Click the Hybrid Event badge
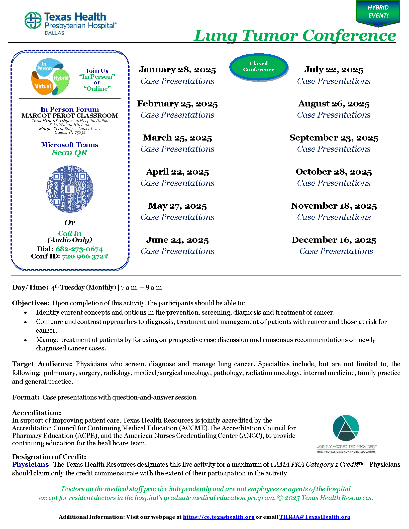[378, 12]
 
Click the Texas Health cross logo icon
[33, 20]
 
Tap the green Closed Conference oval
[259, 67]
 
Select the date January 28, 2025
[177, 70]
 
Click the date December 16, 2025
[334, 240]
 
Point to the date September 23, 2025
[334, 138]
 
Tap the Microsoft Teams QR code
[70, 189]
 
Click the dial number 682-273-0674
[79, 249]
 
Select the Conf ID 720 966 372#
[85, 256]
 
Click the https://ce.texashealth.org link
[219, 517]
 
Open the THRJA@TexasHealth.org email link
[315, 517]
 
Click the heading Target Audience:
[42, 364]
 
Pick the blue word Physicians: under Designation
[32, 464]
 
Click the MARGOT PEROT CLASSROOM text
[70, 116]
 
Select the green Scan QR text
[70, 153]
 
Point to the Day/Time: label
[30, 287]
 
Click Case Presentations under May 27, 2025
[177, 217]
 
